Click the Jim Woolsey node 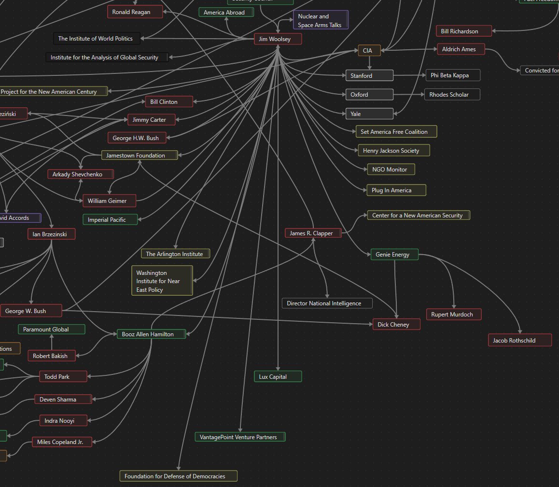(278, 39)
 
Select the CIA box (369, 50)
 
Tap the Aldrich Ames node (460, 49)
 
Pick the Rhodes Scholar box (452, 95)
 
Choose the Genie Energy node (394, 255)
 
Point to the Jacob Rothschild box (520, 341)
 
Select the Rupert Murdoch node (454, 315)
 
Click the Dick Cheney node (396, 325)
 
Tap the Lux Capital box (278, 377)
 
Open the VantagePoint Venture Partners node (240, 437)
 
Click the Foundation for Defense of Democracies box (179, 476)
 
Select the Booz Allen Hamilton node (152, 334)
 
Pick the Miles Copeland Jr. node (62, 442)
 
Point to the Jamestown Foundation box (139, 156)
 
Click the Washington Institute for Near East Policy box (162, 281)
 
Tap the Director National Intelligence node (327, 303)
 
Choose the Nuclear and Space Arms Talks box (320, 20)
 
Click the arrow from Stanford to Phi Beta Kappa (409, 75)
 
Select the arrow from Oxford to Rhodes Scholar (408, 95)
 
